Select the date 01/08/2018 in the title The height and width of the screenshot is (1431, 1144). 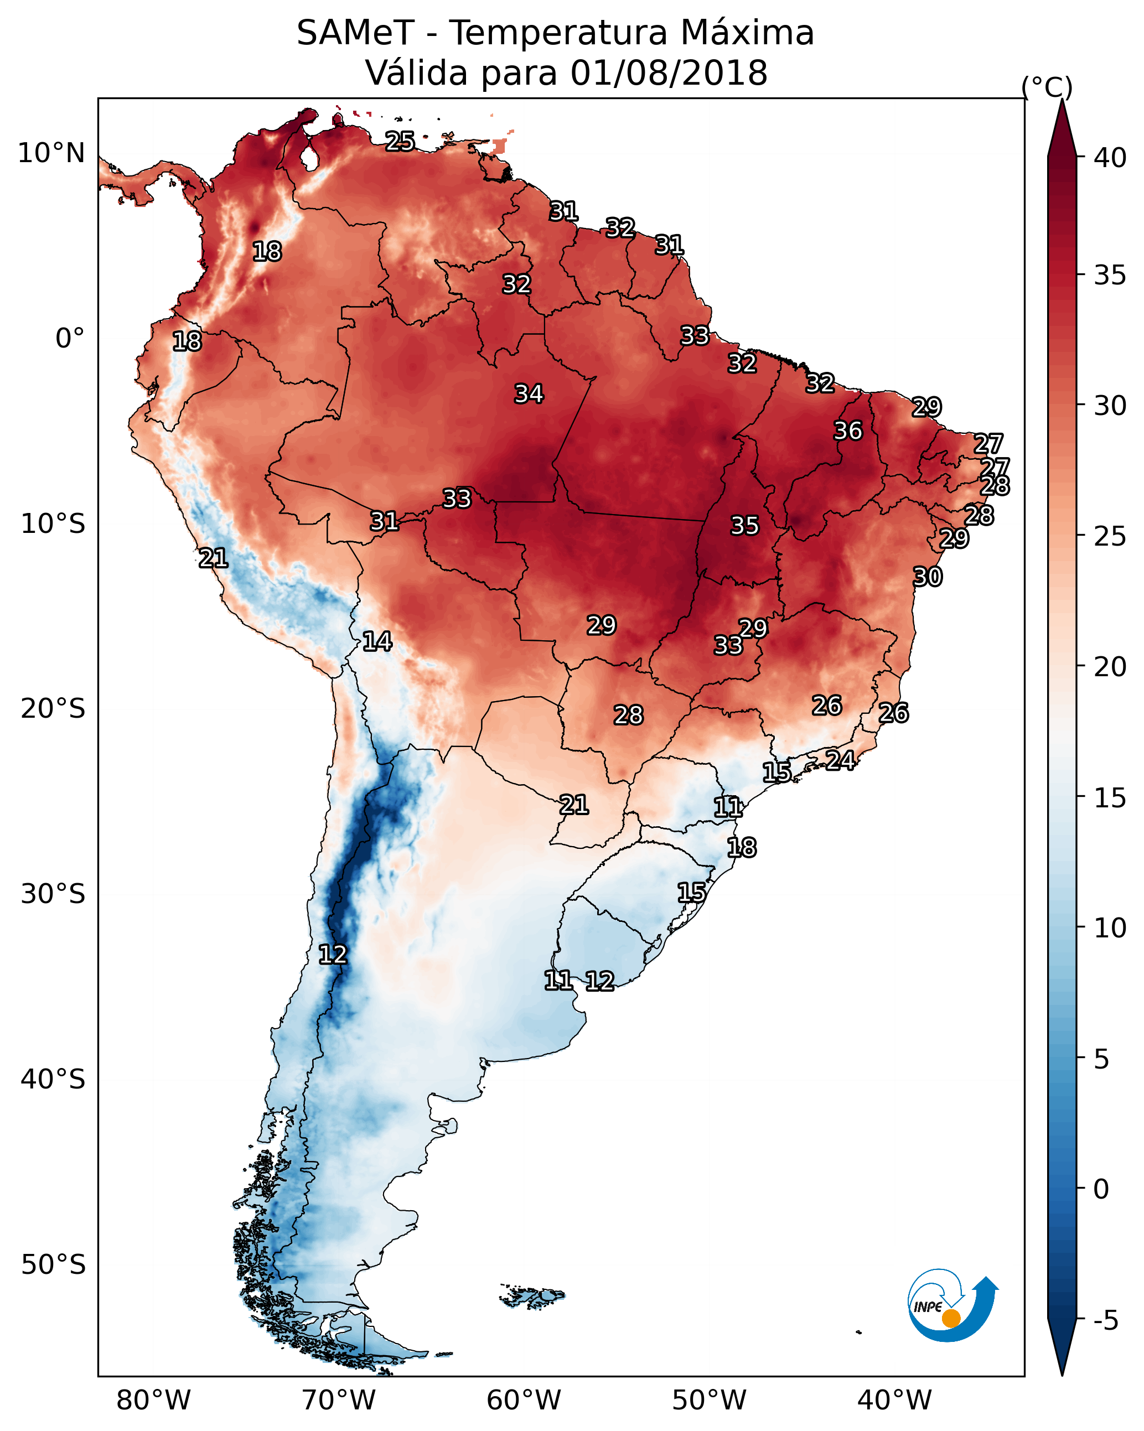(x=669, y=73)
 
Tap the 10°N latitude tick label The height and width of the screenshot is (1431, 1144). (x=51, y=153)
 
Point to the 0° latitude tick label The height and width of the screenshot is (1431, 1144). (x=70, y=339)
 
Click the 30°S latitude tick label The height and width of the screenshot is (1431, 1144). (x=53, y=894)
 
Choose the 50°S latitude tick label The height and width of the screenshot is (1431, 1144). (x=53, y=1264)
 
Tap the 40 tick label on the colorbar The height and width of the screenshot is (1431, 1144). (x=1110, y=158)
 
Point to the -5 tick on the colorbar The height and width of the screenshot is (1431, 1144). (x=1105, y=1320)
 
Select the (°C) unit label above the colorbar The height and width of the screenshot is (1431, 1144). (x=1047, y=87)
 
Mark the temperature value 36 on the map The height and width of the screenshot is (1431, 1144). (x=848, y=431)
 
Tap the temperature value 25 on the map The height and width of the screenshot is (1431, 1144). (x=400, y=141)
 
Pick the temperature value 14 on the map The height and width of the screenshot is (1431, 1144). (x=377, y=641)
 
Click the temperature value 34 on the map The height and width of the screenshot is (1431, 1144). (x=529, y=393)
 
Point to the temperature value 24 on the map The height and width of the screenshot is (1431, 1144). (x=840, y=760)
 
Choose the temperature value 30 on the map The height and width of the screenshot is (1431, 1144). (x=928, y=577)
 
